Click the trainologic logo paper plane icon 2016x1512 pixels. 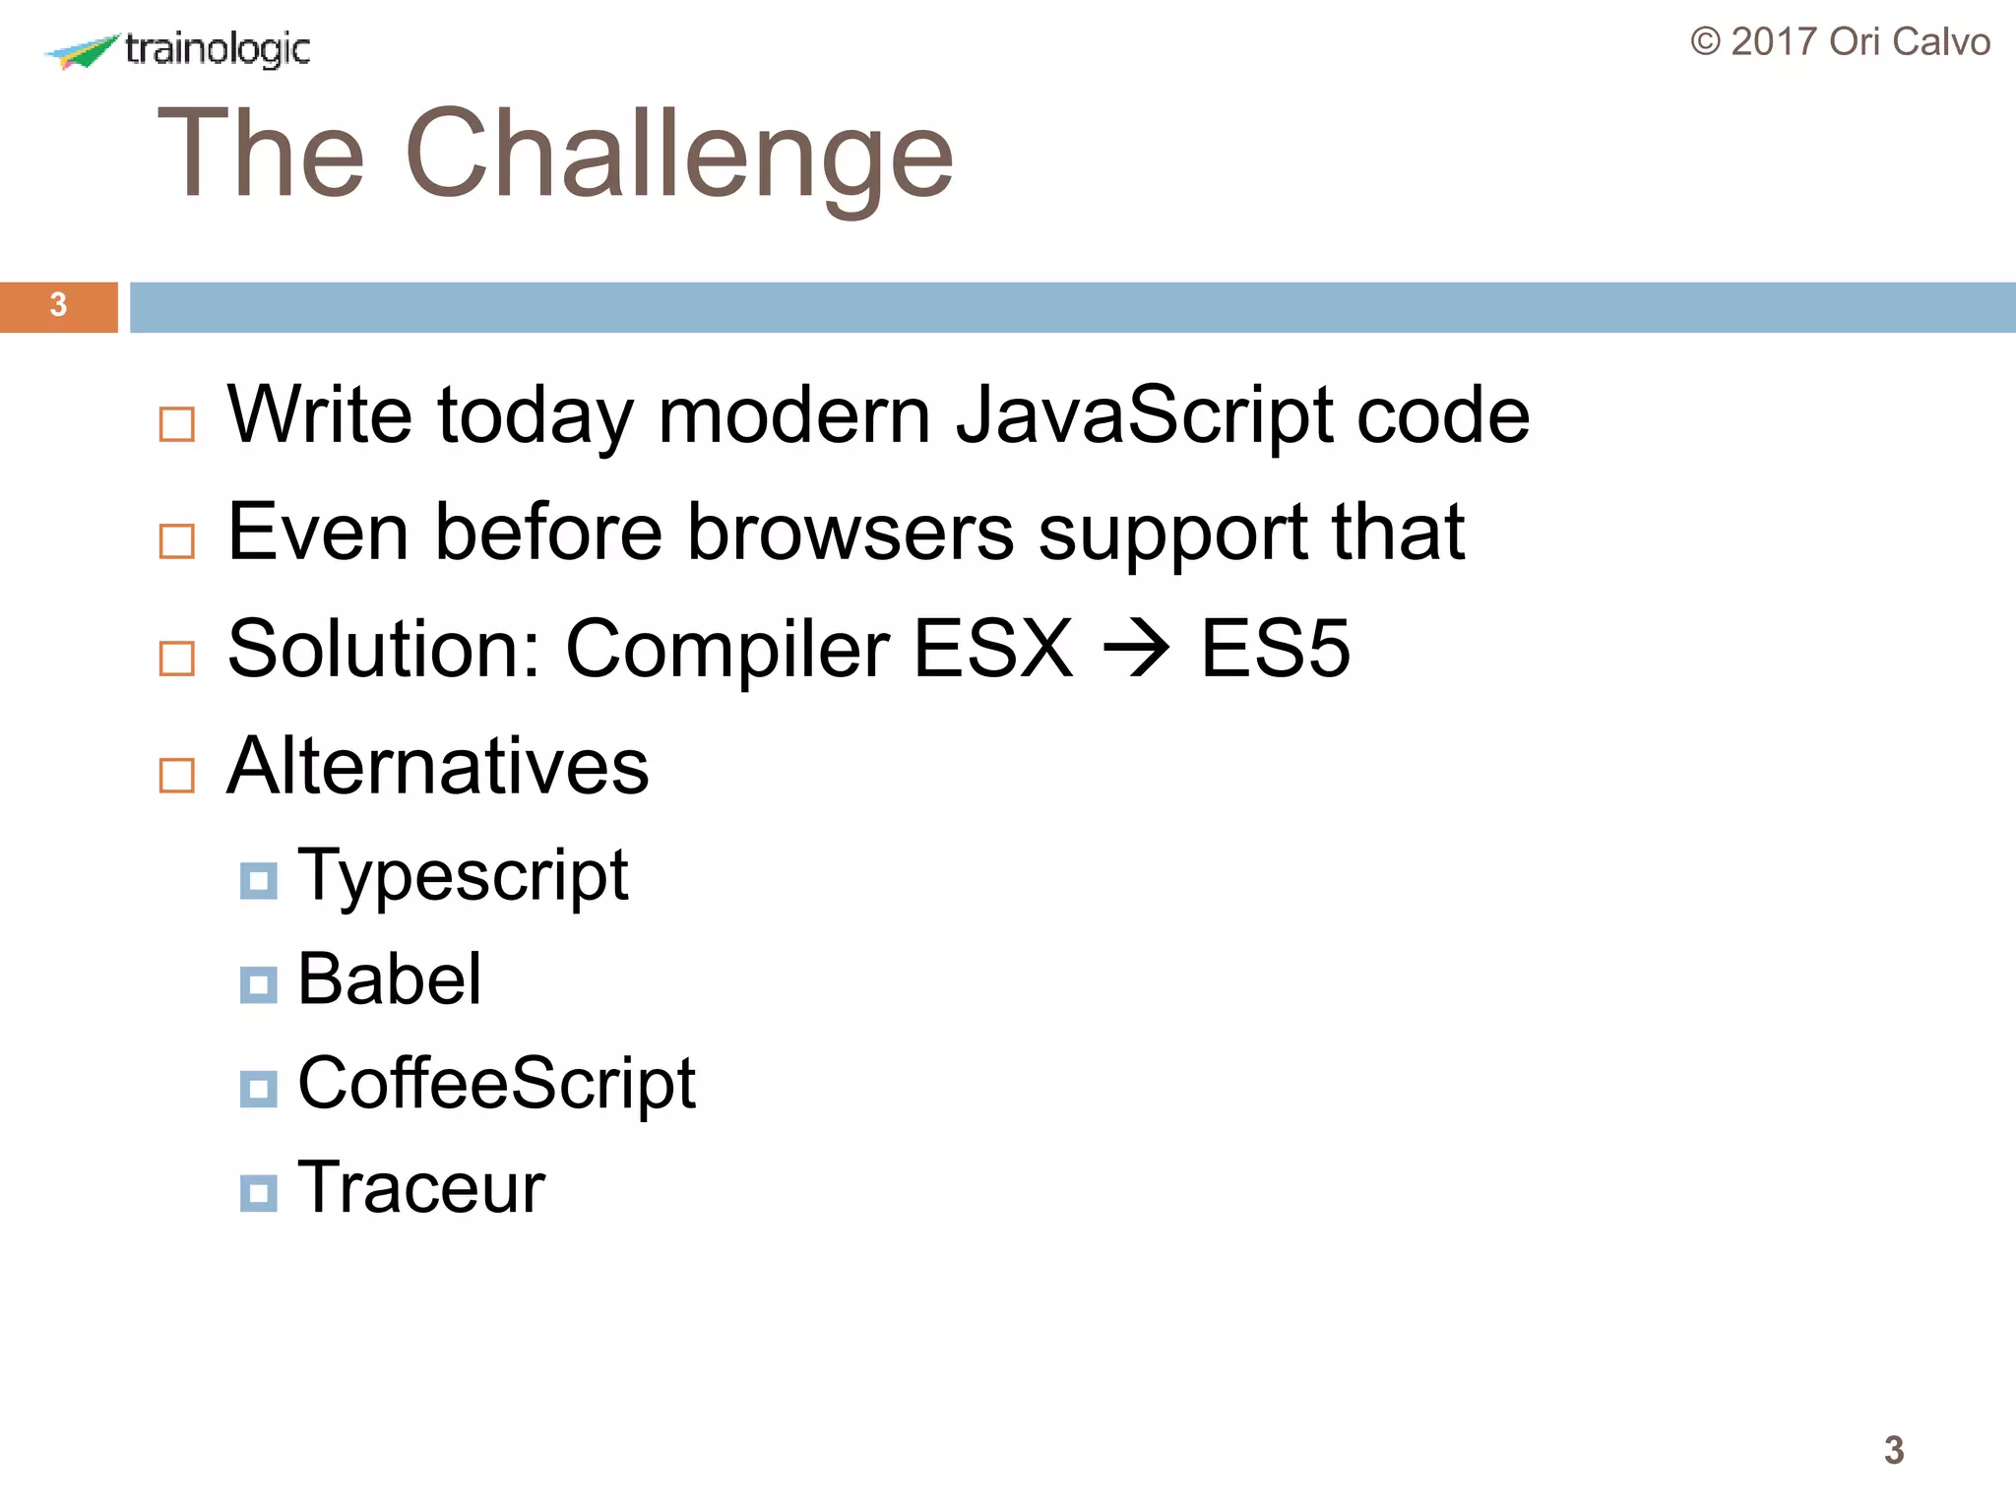pyautogui.click(x=84, y=51)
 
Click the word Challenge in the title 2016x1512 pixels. pyautogui.click(x=678, y=156)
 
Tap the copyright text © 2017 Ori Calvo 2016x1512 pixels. pyautogui.click(x=1840, y=42)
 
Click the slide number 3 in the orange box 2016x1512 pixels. pyautogui.click(x=58, y=305)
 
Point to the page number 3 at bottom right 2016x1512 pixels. pyautogui.click(x=1894, y=1450)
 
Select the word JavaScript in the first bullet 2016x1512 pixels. pyautogui.click(x=1144, y=415)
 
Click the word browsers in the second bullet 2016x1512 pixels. pyautogui.click(x=850, y=533)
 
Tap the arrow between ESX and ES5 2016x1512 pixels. pyautogui.click(x=1136, y=650)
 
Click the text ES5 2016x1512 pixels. pyautogui.click(x=1275, y=649)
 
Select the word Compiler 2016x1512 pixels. pyautogui.click(x=727, y=650)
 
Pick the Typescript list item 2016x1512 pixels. pyautogui.click(x=463, y=875)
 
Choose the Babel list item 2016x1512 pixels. pyautogui.click(x=390, y=979)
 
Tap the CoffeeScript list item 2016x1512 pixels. pyautogui.click(x=496, y=1084)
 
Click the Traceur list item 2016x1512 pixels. pyautogui.click(x=421, y=1188)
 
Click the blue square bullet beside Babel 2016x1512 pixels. pyautogui.click(x=259, y=984)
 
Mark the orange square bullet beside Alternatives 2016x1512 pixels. pyautogui.click(x=177, y=776)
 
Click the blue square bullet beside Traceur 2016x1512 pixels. pyautogui.click(x=259, y=1193)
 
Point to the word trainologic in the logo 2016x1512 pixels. pyautogui.click(x=218, y=49)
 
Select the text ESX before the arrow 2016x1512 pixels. pyautogui.click(x=992, y=650)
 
